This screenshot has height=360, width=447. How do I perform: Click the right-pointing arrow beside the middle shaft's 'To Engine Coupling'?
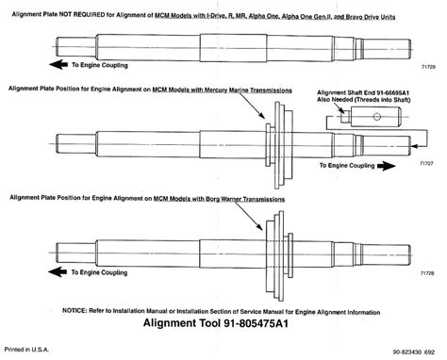385,164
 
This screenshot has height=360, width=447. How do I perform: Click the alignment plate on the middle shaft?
273,141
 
